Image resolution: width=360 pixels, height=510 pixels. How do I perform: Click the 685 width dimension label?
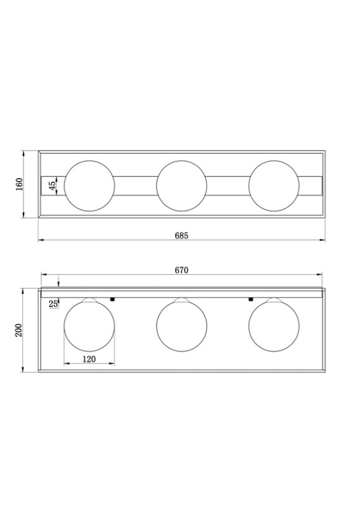182,235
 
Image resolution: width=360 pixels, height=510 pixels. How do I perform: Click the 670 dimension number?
182,270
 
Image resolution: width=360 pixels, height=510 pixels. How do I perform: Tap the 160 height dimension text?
20,184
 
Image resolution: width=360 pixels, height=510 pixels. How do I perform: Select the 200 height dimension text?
19,330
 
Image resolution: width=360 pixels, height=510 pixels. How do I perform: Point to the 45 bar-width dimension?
52,186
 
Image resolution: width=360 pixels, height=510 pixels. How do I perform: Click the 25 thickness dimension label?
54,304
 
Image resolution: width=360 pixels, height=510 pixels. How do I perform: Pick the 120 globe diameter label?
89,359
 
